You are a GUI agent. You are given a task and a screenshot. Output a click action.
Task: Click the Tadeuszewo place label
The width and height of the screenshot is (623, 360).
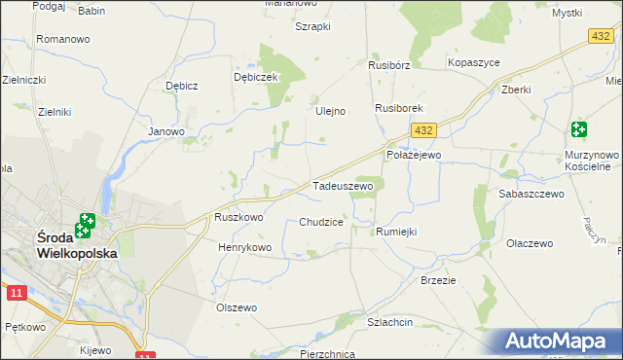(343, 185)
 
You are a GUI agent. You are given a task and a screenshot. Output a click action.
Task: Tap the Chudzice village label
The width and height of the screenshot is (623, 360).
(321, 222)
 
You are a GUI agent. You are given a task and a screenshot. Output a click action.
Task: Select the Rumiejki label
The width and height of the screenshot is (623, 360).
(396, 232)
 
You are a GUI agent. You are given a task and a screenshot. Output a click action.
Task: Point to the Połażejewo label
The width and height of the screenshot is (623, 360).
(415, 155)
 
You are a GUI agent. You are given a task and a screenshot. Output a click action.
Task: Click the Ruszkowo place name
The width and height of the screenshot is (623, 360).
(239, 218)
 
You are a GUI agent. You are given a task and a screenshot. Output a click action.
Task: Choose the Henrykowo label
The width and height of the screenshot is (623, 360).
(244, 248)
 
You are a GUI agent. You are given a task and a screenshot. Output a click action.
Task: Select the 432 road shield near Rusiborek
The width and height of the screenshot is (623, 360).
(421, 129)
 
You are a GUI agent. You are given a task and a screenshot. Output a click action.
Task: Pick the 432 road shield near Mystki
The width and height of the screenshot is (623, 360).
(600, 35)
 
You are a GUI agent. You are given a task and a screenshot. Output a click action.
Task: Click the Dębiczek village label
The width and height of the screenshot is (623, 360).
(257, 77)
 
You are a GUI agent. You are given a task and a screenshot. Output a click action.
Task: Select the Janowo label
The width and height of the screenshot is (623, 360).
(165, 131)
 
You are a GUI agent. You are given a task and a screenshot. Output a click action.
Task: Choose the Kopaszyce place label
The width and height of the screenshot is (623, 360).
(473, 62)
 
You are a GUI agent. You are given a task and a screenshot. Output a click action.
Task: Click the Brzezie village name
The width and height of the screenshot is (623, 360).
(438, 279)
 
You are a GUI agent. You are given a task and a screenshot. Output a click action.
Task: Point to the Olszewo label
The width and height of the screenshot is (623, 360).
(236, 307)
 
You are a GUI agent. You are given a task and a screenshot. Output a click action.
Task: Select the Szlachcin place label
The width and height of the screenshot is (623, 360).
(390, 322)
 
